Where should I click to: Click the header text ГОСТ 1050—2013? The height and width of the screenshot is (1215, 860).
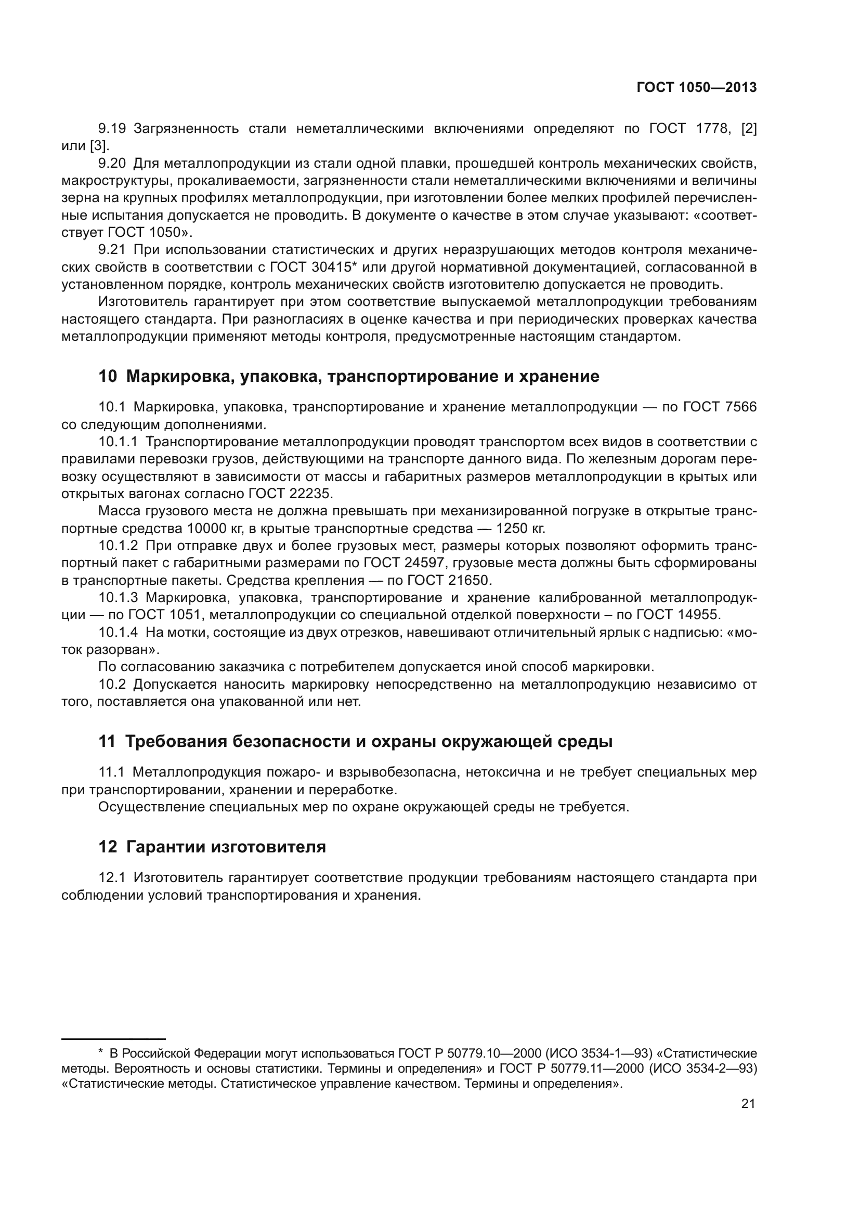[696, 88]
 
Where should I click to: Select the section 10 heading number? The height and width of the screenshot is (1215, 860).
[108, 376]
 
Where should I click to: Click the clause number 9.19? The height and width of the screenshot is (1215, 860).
[112, 129]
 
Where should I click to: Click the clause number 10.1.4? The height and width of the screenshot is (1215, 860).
[118, 632]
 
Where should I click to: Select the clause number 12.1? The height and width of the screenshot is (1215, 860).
[112, 877]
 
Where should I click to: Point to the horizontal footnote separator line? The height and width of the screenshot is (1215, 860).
[113, 1039]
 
